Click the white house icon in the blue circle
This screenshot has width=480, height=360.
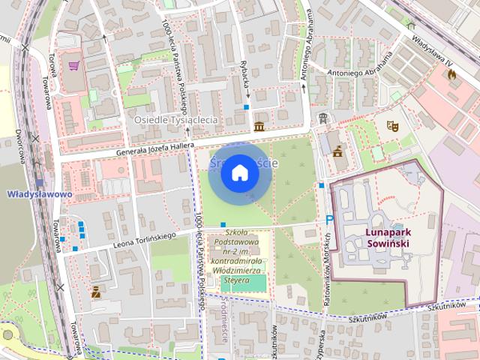239,173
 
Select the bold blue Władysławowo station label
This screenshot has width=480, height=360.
39,194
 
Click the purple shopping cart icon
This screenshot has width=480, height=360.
73,66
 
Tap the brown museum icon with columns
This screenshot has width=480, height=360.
259,125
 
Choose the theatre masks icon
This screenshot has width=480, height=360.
391,127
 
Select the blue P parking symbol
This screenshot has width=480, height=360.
328,220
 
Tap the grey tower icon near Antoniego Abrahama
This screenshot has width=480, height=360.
322,118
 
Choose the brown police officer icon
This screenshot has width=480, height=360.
95,292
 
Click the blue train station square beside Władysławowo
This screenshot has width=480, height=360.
39,182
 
